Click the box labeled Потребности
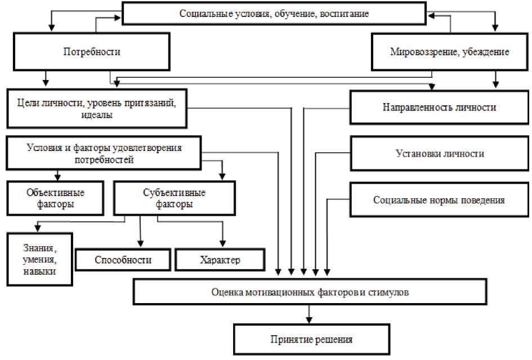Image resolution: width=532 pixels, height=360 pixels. [92, 52]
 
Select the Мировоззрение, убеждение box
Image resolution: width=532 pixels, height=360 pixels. [449, 52]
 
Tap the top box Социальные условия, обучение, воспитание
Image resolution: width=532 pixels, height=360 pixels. [274, 14]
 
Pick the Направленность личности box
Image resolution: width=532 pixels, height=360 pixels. [440, 107]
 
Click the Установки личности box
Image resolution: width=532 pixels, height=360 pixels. [440, 153]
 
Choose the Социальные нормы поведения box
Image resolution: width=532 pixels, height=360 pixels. [439, 199]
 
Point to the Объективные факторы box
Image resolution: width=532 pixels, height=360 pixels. [56, 198]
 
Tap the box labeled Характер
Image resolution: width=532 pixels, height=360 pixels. [220, 260]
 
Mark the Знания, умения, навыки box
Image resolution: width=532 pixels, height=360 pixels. [40, 260]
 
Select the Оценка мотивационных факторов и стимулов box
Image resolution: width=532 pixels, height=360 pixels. [309, 293]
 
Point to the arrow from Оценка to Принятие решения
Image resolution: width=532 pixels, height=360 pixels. [309, 314]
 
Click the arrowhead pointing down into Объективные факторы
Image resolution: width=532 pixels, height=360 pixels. [56, 176]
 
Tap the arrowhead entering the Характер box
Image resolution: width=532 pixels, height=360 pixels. [223, 244]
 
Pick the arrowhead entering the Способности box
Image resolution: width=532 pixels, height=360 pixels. [140, 244]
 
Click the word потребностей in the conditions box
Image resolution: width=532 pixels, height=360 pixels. [104, 160]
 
